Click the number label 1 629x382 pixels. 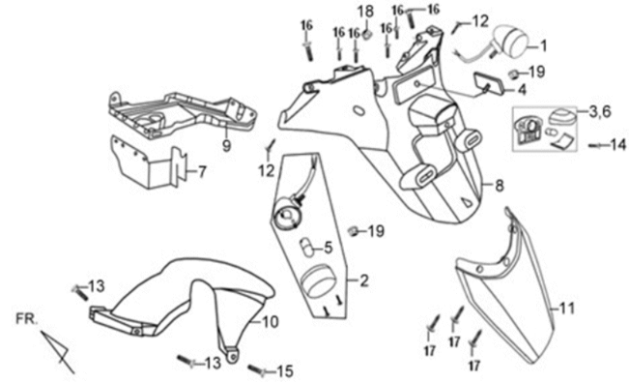tap(542, 44)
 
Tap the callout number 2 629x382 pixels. tap(364, 280)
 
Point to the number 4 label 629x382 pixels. tap(523, 89)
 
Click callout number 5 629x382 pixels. tap(328, 246)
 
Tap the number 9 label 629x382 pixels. tap(225, 147)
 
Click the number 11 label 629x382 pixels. tap(567, 309)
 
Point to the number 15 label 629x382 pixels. tap(284, 370)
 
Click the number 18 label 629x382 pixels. tap(366, 11)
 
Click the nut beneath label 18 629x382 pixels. tap(367, 35)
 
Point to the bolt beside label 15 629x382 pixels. tap(257, 370)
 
